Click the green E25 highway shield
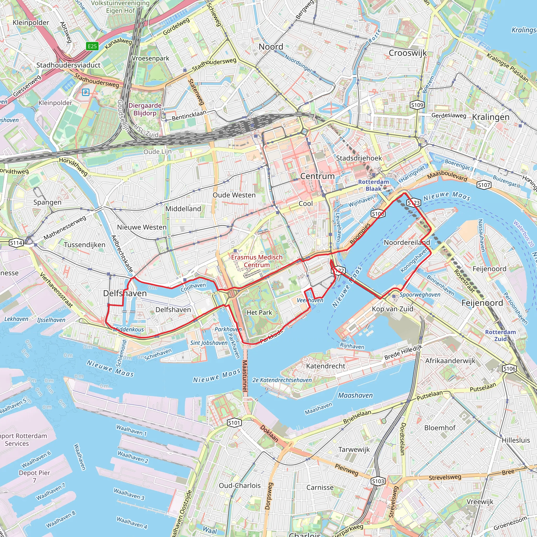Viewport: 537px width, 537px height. click(92, 46)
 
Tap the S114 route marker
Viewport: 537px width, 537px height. click(16, 243)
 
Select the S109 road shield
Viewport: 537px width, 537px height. click(417, 105)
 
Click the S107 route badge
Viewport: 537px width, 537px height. click(484, 185)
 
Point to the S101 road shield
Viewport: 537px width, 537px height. click(234, 423)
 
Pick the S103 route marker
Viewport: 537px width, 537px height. click(378, 481)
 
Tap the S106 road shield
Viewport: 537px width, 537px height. click(509, 369)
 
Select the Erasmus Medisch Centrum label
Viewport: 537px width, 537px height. click(256, 261)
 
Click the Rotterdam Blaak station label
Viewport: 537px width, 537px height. click(373, 185)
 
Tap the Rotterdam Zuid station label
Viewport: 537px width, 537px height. click(500, 335)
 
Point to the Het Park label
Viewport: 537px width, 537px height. click(259, 312)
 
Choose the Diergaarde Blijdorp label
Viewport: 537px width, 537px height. click(145, 109)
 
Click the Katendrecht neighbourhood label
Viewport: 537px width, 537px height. click(325, 366)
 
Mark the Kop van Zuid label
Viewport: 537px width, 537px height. click(393, 309)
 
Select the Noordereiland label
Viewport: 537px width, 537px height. click(407, 242)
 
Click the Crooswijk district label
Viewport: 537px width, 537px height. click(407, 53)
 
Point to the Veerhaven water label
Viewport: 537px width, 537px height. click(310, 300)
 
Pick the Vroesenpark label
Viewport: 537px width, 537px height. click(150, 58)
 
